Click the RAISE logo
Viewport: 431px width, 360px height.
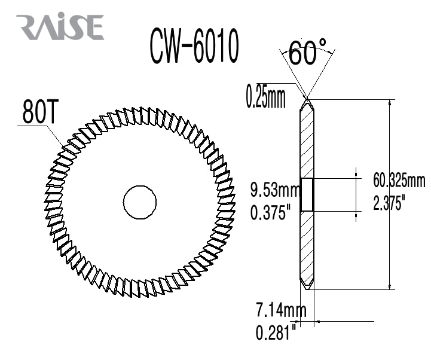tap(60, 27)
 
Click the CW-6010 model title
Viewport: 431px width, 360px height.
tap(195, 46)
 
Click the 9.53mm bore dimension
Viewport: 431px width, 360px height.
tap(274, 191)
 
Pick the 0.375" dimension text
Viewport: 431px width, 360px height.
tap(271, 212)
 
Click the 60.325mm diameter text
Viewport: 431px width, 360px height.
tap(399, 180)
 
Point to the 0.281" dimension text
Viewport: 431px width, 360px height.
tap(276, 332)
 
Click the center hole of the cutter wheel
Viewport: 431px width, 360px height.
tap(140, 200)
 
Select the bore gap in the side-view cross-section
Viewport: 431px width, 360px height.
tap(307, 194)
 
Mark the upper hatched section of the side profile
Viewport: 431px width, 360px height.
tap(307, 144)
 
